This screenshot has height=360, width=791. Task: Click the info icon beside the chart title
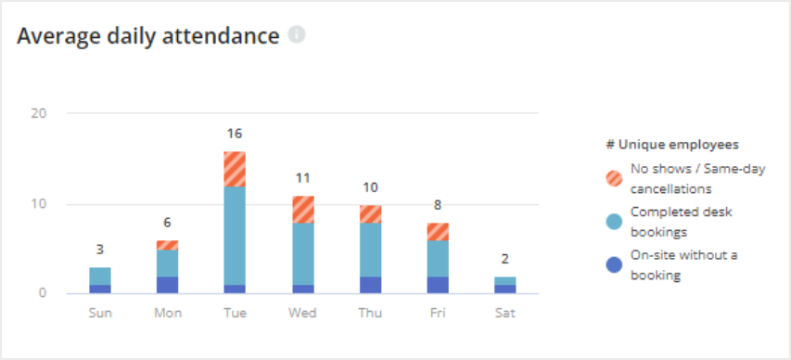pos(297,35)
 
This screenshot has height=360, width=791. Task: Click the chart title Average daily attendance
pos(148,36)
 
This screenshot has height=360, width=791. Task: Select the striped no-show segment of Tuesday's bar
pos(235,169)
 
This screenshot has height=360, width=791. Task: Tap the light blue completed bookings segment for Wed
pos(302,253)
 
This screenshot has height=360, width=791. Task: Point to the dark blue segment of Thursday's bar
pos(370,285)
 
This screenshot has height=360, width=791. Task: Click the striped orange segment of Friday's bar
pos(438,231)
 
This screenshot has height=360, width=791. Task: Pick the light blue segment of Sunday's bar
pos(100,276)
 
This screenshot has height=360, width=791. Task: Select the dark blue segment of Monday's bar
pos(167,285)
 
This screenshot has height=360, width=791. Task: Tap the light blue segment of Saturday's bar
pos(505,280)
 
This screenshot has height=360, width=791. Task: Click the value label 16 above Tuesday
pos(235,134)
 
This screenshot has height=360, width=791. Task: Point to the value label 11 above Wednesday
pos(302,178)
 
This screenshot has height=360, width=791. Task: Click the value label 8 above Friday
pos(438,205)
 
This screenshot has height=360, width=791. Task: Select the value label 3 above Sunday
pos(100,250)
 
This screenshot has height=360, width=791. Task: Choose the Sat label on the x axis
pos(505,313)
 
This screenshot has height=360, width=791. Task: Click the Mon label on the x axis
pos(167,313)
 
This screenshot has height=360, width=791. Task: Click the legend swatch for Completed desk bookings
pos(613,220)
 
